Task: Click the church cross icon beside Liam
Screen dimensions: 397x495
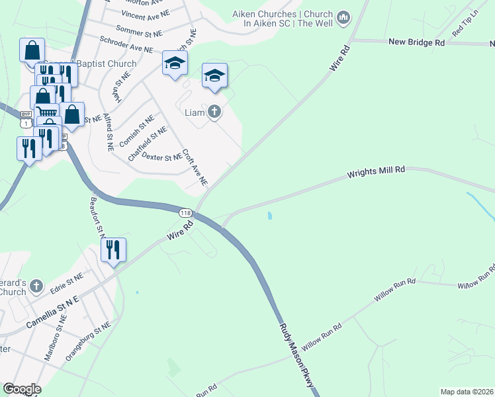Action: [x=214, y=112]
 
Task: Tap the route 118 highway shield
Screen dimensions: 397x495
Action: [x=185, y=213]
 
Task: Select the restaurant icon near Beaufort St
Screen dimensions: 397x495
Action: [x=112, y=250]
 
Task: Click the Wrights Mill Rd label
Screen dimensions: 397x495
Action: [x=376, y=173]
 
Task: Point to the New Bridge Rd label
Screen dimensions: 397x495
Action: [x=416, y=42]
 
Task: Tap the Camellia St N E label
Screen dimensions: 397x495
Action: [x=52, y=313]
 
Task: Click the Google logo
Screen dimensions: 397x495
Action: [x=21, y=389]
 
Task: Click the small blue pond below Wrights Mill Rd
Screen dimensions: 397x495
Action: [x=270, y=216]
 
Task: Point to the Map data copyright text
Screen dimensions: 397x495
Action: [x=466, y=392]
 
